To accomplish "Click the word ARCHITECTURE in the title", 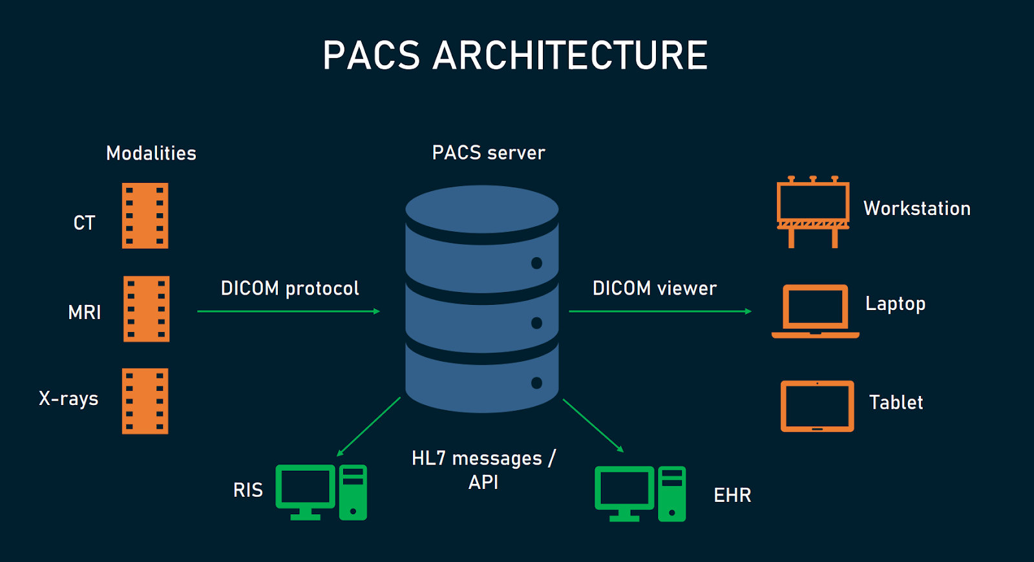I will (570, 56).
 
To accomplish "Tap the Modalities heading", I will (151, 153).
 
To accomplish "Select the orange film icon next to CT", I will (145, 216).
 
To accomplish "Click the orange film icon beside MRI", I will (147, 309).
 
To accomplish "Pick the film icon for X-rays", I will (145, 401).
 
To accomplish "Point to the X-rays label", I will (69, 399).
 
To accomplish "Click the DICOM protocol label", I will (290, 288).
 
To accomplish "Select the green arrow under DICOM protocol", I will (288, 311).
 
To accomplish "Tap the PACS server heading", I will (489, 153).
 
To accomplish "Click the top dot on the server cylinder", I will (536, 263).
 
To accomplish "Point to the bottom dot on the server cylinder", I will (536, 383).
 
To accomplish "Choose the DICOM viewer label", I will (655, 288).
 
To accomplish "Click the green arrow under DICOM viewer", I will (660, 311).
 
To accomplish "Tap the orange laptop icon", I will (816, 311).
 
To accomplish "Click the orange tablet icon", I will (818, 406).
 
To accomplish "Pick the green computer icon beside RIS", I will (321, 492).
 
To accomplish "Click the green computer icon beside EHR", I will (640, 494).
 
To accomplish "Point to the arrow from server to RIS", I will (369, 427).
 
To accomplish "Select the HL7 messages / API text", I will (483, 470).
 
